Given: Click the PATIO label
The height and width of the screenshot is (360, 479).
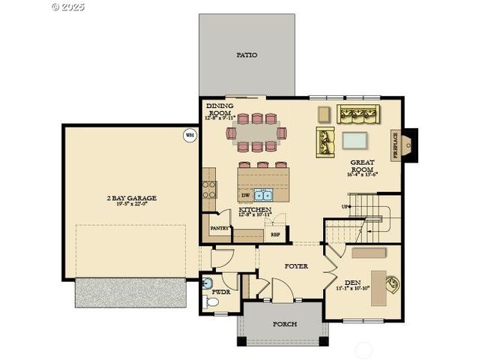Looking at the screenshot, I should coord(247,55).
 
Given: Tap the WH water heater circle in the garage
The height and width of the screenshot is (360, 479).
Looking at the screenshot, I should coord(190,136).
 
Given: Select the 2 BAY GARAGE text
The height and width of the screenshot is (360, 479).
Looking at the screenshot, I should coord(131,199).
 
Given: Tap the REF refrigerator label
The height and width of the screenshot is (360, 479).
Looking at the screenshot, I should coord(275,234).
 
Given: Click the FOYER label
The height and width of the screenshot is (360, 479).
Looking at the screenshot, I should coord(296,266).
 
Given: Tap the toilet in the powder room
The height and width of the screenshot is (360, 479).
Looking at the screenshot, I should coord(211,302).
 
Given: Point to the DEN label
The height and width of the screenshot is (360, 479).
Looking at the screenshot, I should coord(353,282).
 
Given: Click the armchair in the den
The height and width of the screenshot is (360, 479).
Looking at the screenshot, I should coord(392,283).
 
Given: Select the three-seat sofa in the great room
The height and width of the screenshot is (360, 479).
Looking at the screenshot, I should coord(358,114).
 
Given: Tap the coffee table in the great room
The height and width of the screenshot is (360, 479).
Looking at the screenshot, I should coord(355,140).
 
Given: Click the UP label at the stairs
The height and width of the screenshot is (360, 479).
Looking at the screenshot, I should coord(346,206).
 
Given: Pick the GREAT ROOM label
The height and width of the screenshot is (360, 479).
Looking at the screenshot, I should coord(361,166).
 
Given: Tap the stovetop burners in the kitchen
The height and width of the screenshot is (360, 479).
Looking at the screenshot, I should coord(208,184).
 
